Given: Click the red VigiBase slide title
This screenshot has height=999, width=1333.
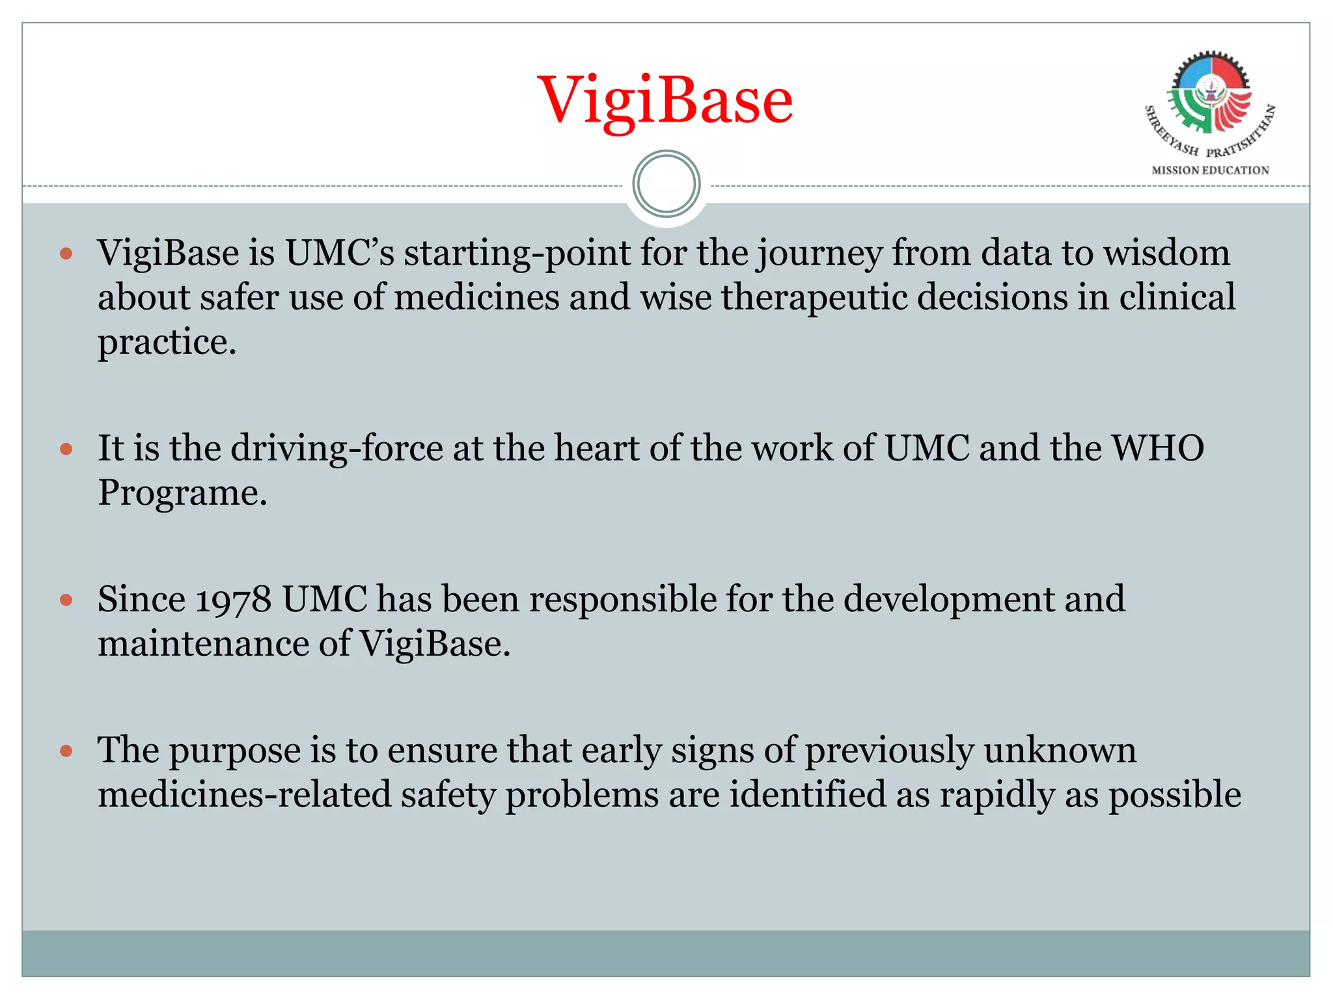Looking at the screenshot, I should (665, 100).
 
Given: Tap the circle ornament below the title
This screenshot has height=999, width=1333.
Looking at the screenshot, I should (666, 184).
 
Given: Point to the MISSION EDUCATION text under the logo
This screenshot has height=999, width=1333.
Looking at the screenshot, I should (1210, 170).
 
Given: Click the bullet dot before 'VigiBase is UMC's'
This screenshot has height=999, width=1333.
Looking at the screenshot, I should (66, 253).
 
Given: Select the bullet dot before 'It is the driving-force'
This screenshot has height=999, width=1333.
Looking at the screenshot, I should (66, 449).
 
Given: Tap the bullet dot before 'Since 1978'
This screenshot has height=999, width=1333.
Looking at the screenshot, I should (66, 600).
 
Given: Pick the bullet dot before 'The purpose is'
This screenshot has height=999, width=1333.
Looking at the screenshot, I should (66, 751).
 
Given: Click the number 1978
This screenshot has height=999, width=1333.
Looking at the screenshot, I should (233, 600).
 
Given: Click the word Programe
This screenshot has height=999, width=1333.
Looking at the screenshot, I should (182, 492).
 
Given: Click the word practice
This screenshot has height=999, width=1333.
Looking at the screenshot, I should (167, 342).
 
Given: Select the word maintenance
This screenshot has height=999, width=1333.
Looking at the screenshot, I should (203, 644).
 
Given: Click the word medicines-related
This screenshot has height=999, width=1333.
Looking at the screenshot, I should (245, 795).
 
